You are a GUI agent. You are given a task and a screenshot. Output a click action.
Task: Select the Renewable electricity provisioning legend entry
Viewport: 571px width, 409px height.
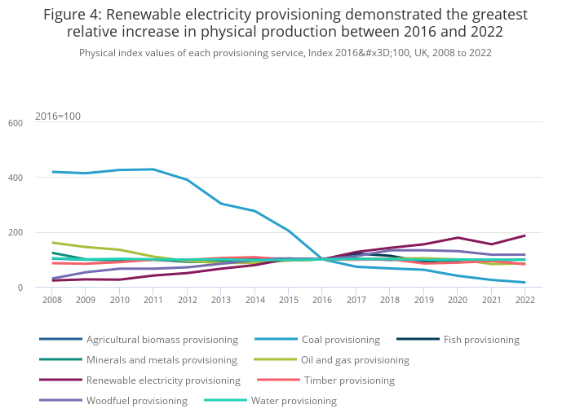[163, 380]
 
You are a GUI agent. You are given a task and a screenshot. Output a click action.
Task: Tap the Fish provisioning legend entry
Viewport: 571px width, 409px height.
[481, 340]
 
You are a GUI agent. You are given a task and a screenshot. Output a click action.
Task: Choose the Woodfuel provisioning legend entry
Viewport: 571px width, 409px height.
[137, 401]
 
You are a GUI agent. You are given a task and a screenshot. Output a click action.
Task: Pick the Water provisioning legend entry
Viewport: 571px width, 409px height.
[294, 401]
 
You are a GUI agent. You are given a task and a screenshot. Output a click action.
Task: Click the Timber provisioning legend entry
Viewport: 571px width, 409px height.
[349, 380]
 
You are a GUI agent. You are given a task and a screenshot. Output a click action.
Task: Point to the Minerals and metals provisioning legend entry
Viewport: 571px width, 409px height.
[162, 360]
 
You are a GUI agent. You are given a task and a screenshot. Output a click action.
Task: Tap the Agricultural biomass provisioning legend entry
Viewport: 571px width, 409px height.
[162, 340]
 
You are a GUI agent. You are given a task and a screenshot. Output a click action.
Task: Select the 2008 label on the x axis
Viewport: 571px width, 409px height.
[52, 300]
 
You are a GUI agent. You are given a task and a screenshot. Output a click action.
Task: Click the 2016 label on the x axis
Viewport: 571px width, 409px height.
[322, 300]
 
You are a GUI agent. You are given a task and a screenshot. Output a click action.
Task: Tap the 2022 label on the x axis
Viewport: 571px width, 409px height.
[525, 300]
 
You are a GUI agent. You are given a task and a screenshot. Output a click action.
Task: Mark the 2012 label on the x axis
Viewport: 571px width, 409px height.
[187, 300]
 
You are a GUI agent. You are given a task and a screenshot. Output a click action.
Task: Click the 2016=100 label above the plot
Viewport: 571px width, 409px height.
[58, 117]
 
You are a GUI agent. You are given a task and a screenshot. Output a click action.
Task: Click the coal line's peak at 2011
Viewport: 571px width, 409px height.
[153, 169]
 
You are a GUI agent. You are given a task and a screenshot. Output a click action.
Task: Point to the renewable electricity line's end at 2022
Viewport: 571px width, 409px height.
[525, 235]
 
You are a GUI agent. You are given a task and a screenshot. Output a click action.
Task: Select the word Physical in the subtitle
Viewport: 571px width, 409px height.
[100, 53]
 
